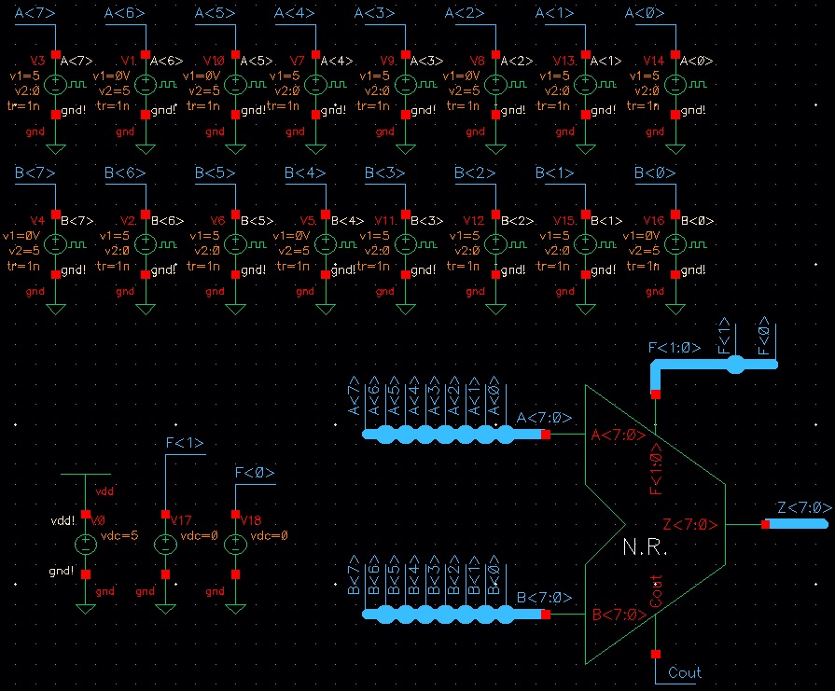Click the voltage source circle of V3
[x=55, y=85]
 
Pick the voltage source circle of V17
[x=165, y=546]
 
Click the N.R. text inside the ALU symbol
[x=645, y=547]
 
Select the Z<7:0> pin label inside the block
[x=690, y=525]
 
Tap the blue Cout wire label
[x=685, y=672]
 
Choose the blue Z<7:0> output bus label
[x=803, y=507]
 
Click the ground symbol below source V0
[x=86, y=608]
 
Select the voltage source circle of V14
[x=675, y=85]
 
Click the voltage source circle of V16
[x=675, y=245]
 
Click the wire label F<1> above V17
[x=184, y=443]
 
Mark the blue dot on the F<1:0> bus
[x=735, y=365]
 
